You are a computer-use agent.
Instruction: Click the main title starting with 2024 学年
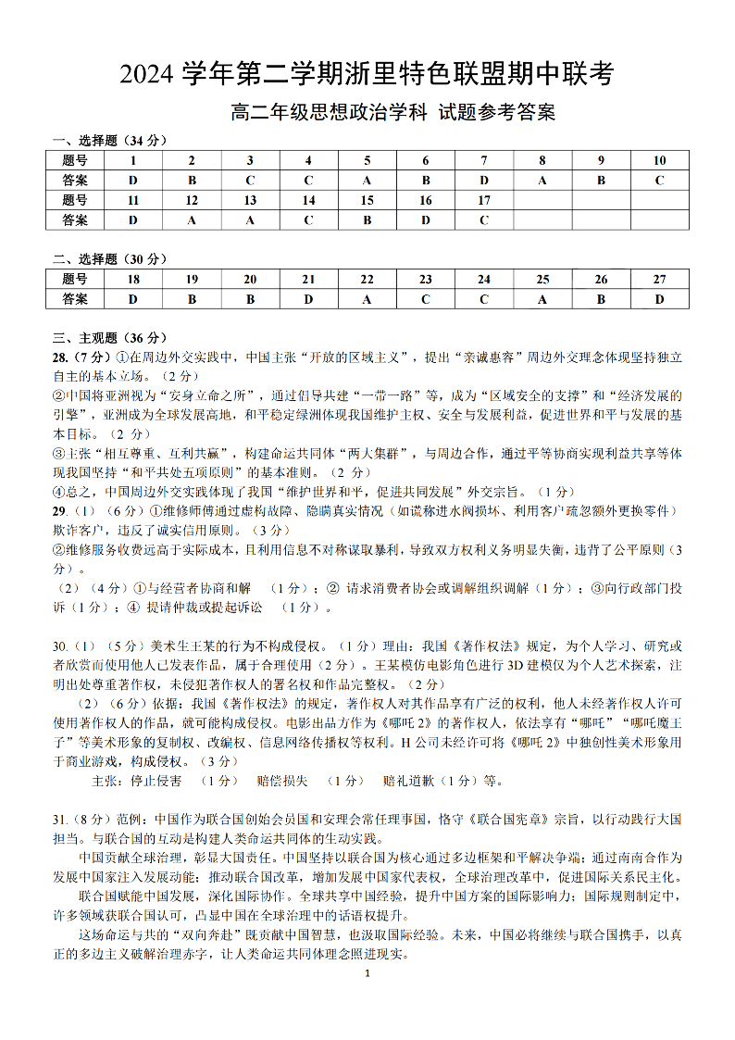click(x=367, y=74)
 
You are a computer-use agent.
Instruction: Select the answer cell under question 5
click(x=367, y=181)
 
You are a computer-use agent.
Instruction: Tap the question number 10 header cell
click(x=659, y=160)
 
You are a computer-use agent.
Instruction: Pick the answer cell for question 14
click(x=308, y=220)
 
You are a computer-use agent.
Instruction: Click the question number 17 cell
click(x=483, y=200)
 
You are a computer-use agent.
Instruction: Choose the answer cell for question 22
click(x=367, y=299)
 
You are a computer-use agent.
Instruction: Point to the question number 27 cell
click(x=659, y=279)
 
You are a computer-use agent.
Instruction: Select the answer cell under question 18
click(x=133, y=299)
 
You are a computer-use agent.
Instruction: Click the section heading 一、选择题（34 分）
click(x=109, y=141)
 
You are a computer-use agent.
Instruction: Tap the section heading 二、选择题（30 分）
click(x=109, y=259)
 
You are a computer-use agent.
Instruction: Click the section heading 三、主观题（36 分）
click(x=109, y=338)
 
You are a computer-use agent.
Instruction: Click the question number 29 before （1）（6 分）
click(x=58, y=511)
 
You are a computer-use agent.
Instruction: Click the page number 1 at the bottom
click(x=367, y=974)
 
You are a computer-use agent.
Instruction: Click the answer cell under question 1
click(x=133, y=181)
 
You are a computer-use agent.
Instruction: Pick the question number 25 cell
click(x=542, y=279)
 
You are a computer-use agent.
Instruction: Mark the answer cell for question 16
click(x=425, y=220)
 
